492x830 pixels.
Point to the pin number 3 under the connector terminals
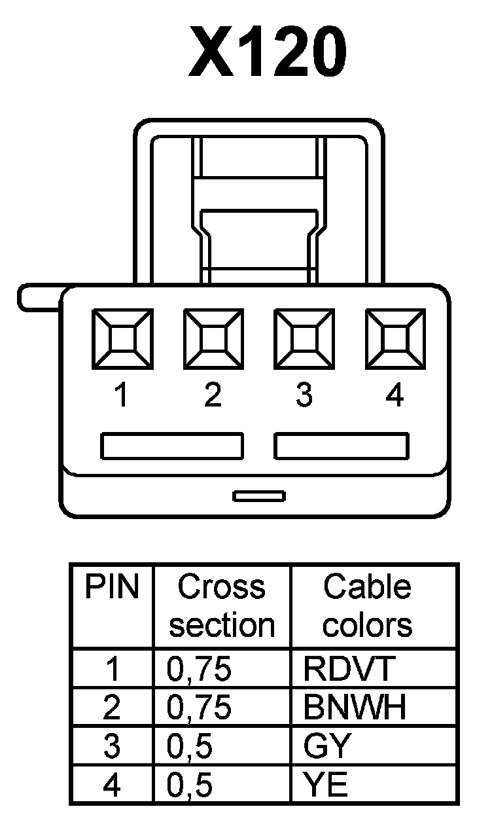304,395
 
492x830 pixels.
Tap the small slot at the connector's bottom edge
259,496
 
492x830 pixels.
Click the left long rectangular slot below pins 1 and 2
172,446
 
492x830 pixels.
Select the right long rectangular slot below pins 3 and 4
342,446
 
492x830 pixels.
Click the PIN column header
113,588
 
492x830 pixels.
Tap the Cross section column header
222,606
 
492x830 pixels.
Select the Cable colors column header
368,606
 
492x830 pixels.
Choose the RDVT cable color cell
349,669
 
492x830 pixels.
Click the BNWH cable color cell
355,708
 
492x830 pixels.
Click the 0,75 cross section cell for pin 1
200,669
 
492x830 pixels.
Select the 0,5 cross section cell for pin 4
190,785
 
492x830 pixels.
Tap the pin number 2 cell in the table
113,708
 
